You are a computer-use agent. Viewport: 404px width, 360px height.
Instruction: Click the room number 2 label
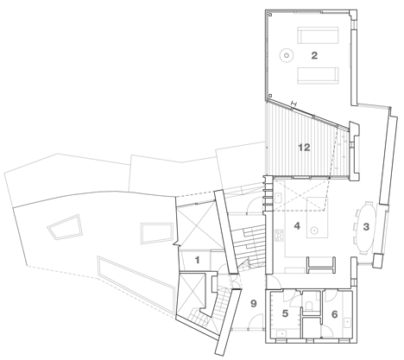click(314, 55)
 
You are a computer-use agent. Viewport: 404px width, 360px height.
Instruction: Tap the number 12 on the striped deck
click(304, 148)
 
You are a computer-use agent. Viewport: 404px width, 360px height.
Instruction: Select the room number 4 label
click(297, 226)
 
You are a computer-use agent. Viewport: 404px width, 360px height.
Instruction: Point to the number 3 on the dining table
click(366, 227)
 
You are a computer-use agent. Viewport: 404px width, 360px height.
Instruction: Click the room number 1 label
click(197, 260)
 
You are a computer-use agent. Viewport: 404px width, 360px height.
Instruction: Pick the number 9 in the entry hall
click(253, 303)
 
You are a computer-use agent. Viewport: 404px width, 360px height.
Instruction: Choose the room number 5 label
click(285, 313)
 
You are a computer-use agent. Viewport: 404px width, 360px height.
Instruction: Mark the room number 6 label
click(334, 314)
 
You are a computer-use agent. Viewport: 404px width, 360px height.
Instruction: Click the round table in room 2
click(287, 55)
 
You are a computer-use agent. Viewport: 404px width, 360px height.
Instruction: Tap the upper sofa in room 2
click(318, 35)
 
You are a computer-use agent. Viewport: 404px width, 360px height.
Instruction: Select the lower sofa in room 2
click(318, 75)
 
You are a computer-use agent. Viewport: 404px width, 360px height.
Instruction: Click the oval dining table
click(367, 227)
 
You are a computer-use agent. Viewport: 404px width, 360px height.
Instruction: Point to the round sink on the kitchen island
click(314, 231)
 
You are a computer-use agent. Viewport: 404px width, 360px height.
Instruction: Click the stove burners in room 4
click(279, 236)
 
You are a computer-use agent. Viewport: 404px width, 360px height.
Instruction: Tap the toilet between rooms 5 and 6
click(308, 306)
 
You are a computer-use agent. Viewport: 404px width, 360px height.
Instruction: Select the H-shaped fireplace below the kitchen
click(321, 265)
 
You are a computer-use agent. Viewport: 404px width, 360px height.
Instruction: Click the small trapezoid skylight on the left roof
click(65, 227)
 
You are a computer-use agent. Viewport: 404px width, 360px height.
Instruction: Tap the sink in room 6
click(348, 322)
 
